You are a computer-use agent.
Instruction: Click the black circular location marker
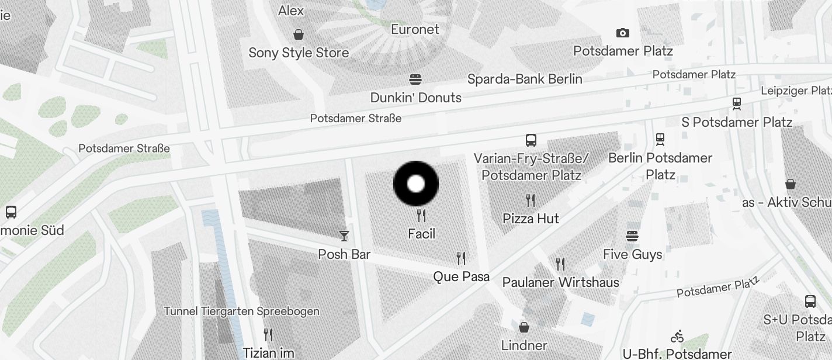pyautogui.click(x=416, y=184)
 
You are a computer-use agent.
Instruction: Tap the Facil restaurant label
pyautogui.click(x=421, y=234)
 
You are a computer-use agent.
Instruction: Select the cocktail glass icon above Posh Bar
pyautogui.click(x=344, y=236)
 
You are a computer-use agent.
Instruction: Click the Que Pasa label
pyautogui.click(x=461, y=276)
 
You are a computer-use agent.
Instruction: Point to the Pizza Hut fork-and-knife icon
pyautogui.click(x=531, y=200)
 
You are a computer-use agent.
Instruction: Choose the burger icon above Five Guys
pyautogui.click(x=632, y=236)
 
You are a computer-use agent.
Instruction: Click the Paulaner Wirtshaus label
pyautogui.click(x=560, y=282)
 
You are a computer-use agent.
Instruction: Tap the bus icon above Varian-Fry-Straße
pyautogui.click(x=531, y=140)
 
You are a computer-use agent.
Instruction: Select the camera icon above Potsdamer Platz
pyautogui.click(x=623, y=33)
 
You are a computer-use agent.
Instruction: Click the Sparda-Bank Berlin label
pyautogui.click(x=525, y=79)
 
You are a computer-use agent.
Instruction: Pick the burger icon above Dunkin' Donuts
pyautogui.click(x=415, y=79)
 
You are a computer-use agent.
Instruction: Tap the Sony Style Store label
pyautogui.click(x=299, y=53)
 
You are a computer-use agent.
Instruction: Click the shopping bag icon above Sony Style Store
pyautogui.click(x=299, y=34)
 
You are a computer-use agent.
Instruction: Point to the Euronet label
pyautogui.click(x=415, y=29)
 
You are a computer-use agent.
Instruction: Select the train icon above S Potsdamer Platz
pyautogui.click(x=737, y=104)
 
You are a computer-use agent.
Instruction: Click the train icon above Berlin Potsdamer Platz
pyautogui.click(x=660, y=140)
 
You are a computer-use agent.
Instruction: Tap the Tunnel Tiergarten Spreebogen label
pyautogui.click(x=241, y=311)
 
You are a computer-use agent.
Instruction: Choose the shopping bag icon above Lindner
pyautogui.click(x=524, y=327)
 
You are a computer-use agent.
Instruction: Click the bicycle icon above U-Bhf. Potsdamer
pyautogui.click(x=677, y=337)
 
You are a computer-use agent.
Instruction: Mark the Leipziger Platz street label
pyautogui.click(x=796, y=91)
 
